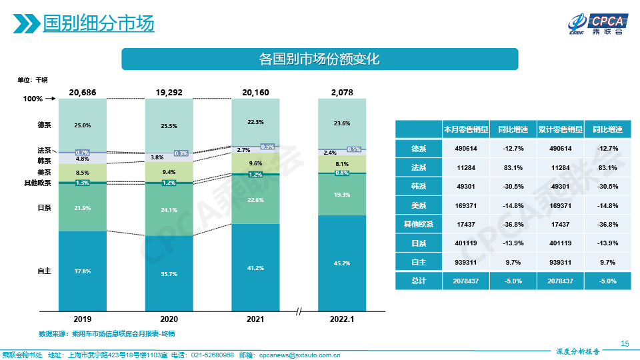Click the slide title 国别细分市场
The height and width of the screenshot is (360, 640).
tap(98, 23)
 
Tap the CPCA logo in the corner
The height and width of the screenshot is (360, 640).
tap(595, 23)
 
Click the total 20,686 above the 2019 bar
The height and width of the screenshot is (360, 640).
tap(82, 92)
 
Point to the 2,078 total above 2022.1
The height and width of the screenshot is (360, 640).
tap(341, 92)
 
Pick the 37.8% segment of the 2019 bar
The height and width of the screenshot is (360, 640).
tap(82, 271)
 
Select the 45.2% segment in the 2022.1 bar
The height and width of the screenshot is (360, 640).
tap(341, 263)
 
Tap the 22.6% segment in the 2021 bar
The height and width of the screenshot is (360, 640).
tap(255, 200)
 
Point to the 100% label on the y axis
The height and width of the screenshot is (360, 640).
tap(33, 99)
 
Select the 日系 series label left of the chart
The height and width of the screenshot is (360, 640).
tap(45, 208)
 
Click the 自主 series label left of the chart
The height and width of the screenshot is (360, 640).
tap(45, 271)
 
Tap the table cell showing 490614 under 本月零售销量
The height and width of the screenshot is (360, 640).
tap(466, 148)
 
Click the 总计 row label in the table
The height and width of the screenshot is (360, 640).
tap(419, 281)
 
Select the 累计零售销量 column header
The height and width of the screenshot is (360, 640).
tap(560, 129)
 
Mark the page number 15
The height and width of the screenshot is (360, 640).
tap(625, 343)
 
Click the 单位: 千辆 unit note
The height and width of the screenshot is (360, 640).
tap(33, 80)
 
